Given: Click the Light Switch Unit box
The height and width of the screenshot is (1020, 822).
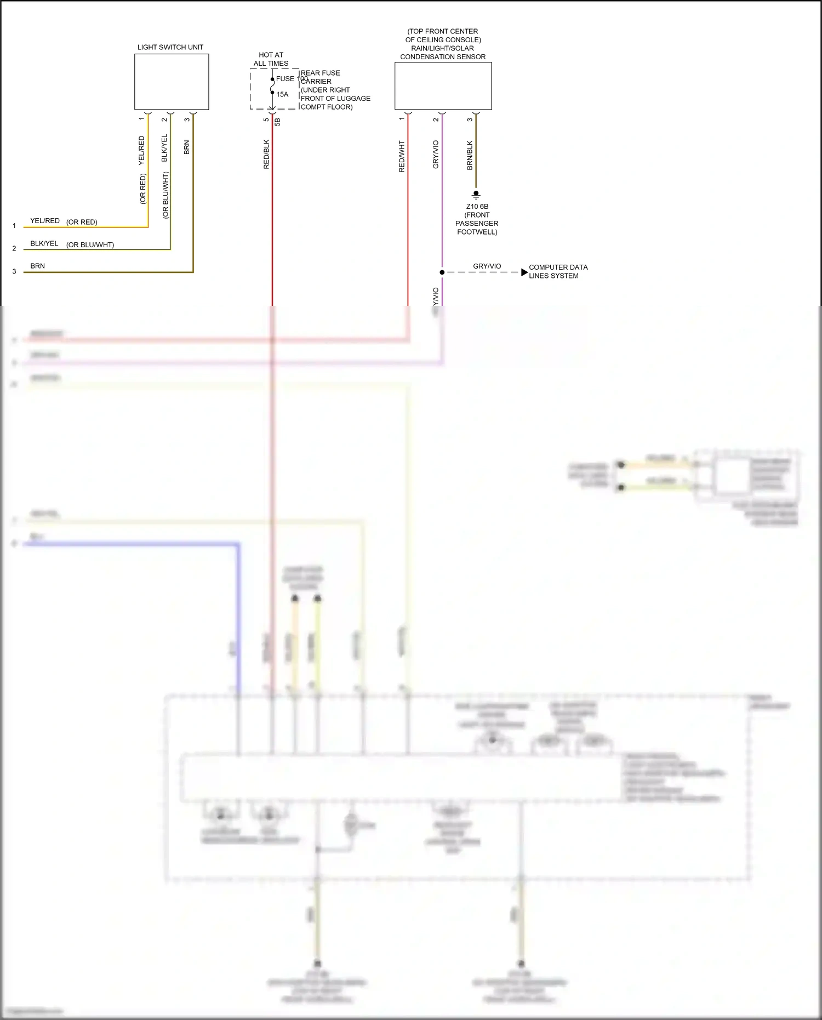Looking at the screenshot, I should coord(172,82).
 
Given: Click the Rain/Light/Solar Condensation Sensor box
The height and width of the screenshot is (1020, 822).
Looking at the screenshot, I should coord(443,86).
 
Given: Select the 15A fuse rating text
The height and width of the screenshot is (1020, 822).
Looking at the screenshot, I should coord(282,95).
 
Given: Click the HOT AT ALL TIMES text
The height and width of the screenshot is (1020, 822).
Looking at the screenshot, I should coord(271,59).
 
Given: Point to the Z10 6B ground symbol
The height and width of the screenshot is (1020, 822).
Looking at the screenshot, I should coord(476,195).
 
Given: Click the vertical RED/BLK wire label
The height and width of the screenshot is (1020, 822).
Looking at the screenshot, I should coord(266,154).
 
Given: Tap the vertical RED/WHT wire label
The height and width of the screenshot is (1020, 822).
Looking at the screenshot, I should coord(402,157).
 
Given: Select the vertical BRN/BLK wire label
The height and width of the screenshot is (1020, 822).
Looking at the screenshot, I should coord(470,155).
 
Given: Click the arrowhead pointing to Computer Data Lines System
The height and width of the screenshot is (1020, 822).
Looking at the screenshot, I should coord(524,272).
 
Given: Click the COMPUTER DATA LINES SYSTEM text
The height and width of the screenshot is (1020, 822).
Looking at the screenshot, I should coord(558,271).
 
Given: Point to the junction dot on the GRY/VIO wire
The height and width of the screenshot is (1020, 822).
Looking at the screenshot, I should coord(442,272).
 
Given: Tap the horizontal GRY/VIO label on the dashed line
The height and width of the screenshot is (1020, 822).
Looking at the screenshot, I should coord(487,266).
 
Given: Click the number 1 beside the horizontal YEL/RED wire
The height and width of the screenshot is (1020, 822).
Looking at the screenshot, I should coord(14,226).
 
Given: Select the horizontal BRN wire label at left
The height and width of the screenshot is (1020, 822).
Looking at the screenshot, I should coord(38,266).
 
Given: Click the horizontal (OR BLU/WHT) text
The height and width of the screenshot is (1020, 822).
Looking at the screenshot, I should coord(90,245).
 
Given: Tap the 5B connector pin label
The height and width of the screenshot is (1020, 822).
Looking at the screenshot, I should coord(277,122).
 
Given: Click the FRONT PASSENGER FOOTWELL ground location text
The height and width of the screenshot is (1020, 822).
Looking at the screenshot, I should coord(477,224).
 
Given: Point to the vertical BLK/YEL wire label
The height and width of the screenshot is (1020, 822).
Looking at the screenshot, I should coord(164,148).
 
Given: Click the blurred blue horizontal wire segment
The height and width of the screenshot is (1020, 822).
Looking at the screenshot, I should coord(132,544).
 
